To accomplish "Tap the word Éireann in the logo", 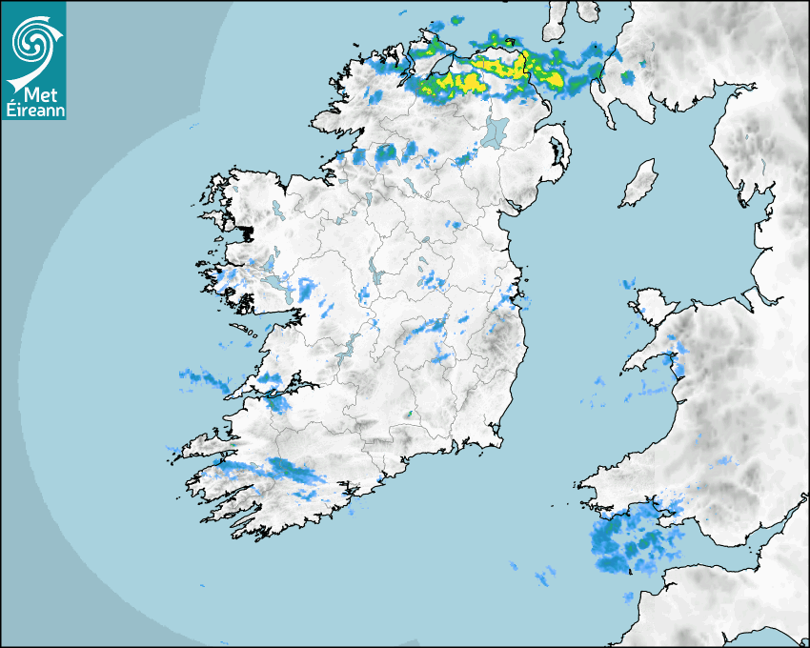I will (x=33, y=111).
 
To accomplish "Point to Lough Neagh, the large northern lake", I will (x=496, y=132).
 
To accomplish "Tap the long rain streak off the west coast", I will (x=205, y=380).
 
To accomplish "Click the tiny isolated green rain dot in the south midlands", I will (x=409, y=415).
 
